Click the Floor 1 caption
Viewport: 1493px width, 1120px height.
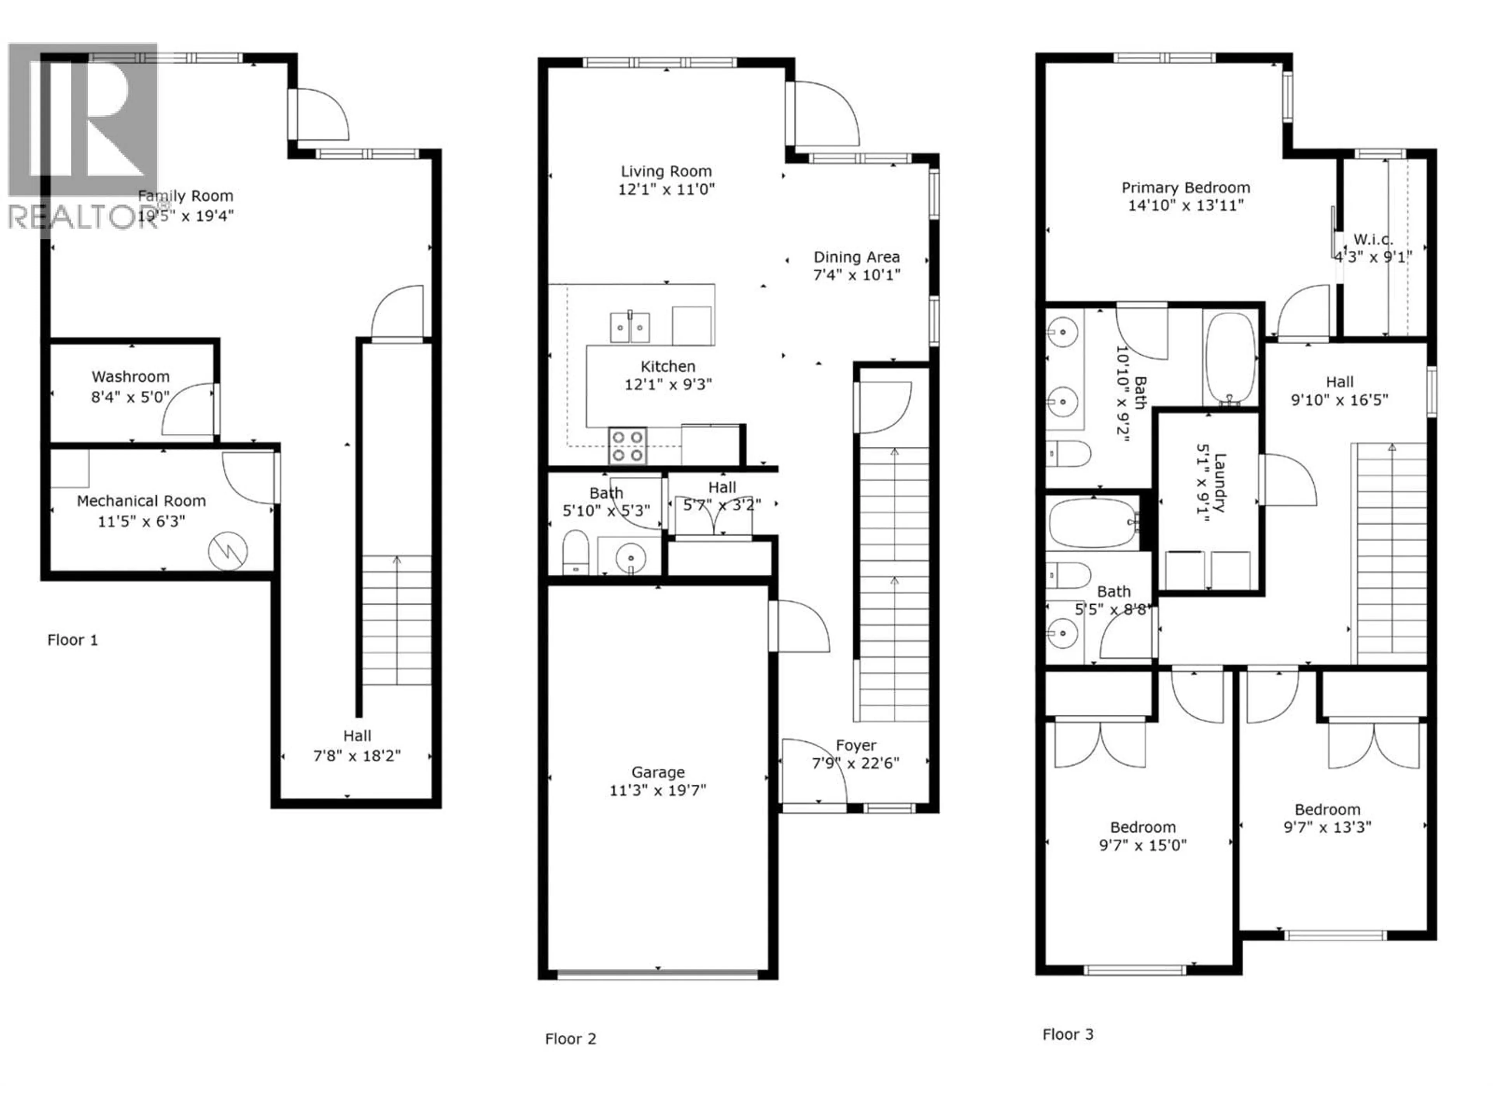[x=72, y=640]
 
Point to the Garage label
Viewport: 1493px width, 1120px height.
[x=658, y=772]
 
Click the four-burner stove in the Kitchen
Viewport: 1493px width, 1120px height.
[x=628, y=446]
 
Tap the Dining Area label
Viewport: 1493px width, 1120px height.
[x=856, y=257]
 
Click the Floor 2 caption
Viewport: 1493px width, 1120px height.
[x=570, y=1039]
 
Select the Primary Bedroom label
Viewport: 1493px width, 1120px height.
[x=1185, y=188]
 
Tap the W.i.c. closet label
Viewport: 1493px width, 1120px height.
[x=1373, y=240]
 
